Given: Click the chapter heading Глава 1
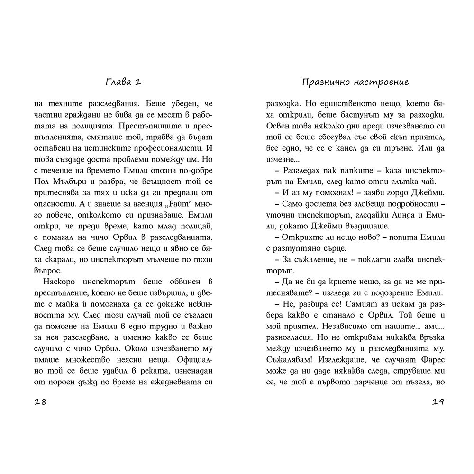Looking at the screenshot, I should tap(123, 82).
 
